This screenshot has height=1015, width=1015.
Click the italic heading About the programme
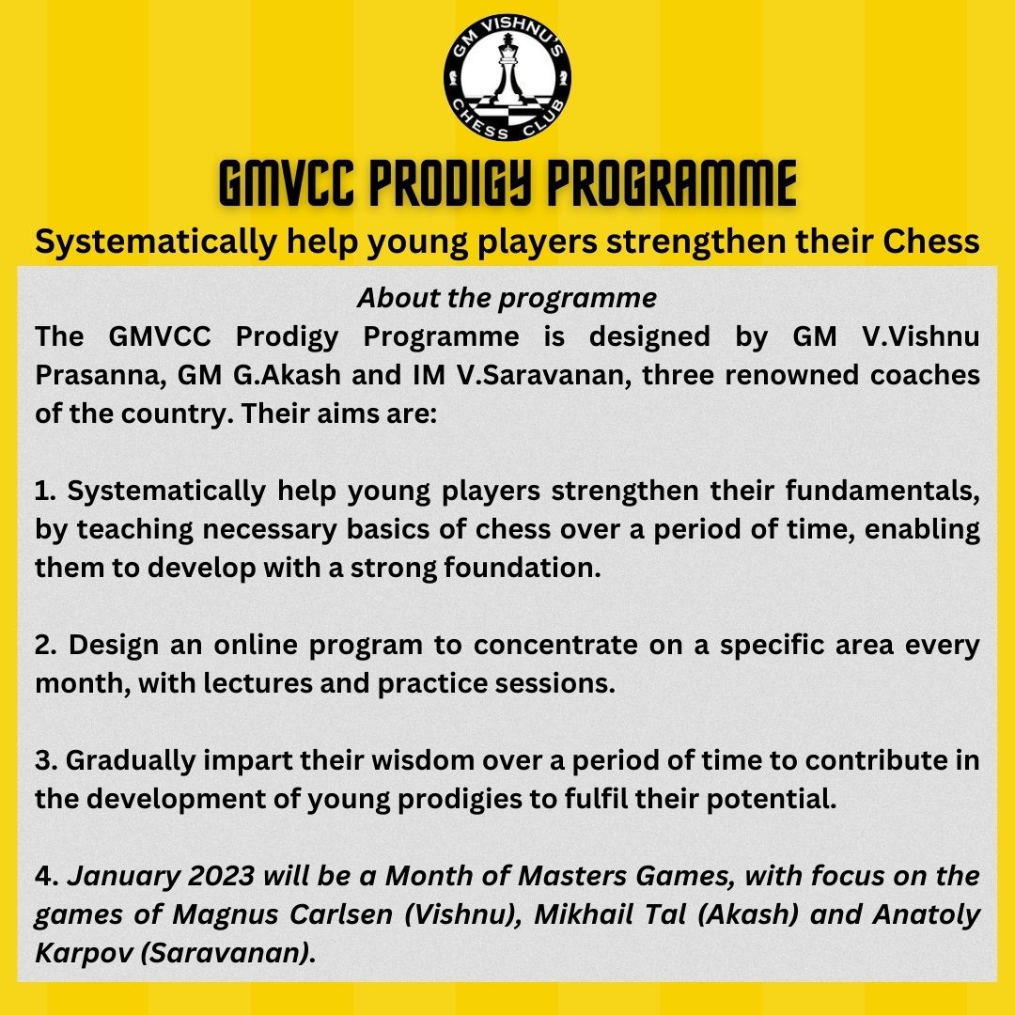pos(507,298)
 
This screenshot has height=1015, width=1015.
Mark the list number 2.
pos(43,646)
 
